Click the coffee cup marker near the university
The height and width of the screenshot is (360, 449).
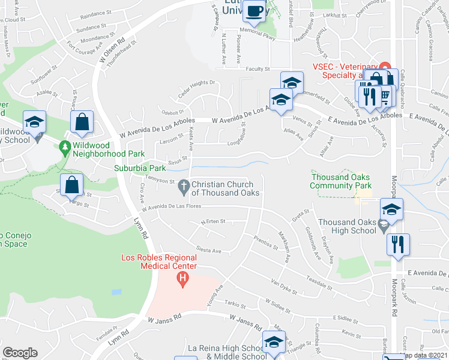(255, 11)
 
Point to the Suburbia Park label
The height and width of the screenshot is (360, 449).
(140, 169)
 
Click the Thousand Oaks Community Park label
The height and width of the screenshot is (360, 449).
(340, 181)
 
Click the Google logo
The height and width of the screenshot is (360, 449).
(20, 352)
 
